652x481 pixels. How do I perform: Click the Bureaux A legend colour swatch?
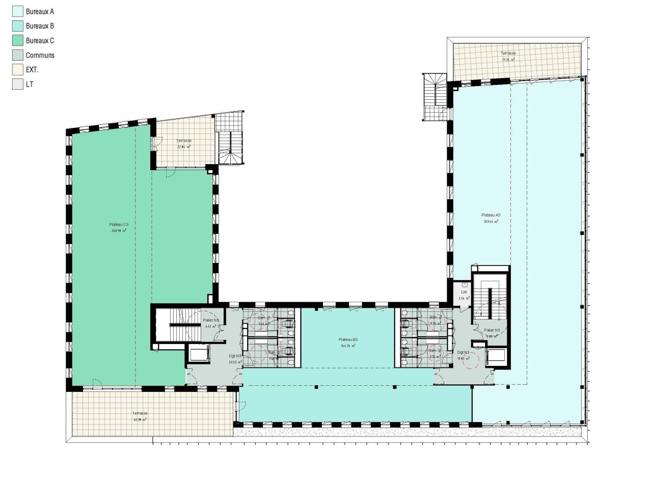click(18, 11)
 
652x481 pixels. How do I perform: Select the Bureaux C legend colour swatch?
click(18, 40)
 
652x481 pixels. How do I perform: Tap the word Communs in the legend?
click(40, 55)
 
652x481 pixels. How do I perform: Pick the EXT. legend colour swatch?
click(18, 69)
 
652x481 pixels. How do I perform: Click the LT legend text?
click(30, 84)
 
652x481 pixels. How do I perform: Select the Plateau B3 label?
click(348, 340)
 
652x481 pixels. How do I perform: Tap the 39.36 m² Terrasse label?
click(508, 54)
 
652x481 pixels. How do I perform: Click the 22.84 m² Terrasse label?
click(184, 141)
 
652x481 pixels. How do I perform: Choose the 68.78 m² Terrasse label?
click(140, 414)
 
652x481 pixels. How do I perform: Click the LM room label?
click(464, 292)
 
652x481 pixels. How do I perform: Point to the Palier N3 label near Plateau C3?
click(211, 320)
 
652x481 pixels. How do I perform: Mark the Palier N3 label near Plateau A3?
click(492, 330)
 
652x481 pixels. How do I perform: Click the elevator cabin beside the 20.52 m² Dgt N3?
click(199, 354)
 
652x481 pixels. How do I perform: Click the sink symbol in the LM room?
click(464, 284)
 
